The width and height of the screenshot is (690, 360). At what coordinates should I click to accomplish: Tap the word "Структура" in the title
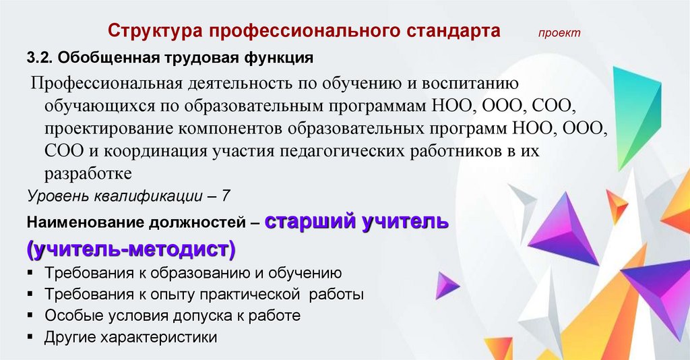pyautogui.click(x=154, y=31)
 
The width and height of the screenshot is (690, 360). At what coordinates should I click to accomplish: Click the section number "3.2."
pyautogui.click(x=40, y=58)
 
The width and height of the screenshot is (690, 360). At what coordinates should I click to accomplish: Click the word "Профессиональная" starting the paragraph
pyautogui.click(x=106, y=83)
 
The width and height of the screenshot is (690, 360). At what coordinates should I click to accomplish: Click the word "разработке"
pyautogui.click(x=88, y=174)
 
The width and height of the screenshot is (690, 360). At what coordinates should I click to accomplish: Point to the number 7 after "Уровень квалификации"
pyautogui.click(x=225, y=196)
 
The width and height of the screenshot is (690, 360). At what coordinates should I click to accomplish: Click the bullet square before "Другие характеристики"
pyautogui.click(x=30, y=337)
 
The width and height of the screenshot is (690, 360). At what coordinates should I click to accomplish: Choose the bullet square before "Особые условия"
pyautogui.click(x=30, y=315)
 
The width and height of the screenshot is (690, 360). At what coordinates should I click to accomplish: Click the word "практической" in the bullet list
pyautogui.click(x=250, y=295)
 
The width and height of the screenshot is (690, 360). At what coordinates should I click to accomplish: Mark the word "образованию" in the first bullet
pyautogui.click(x=200, y=273)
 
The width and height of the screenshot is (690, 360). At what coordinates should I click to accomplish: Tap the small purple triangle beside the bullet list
pyautogui.click(x=446, y=286)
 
